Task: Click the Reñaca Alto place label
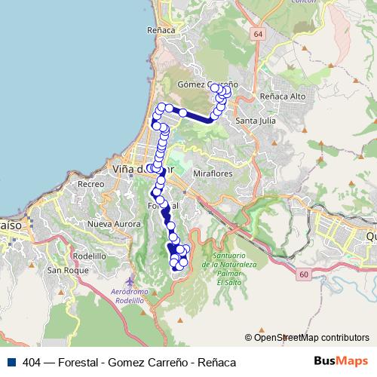tap(281, 97)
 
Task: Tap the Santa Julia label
tap(256, 120)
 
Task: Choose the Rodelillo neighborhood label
tap(89, 256)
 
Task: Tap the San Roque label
tap(63, 269)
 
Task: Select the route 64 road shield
tap(259, 35)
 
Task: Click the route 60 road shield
tap(302, 274)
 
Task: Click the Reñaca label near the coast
tap(163, 30)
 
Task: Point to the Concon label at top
tap(301, 2)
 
